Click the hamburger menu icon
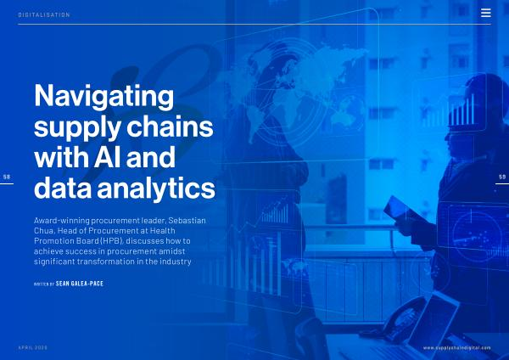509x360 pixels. click(x=485, y=13)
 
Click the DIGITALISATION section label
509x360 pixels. click(x=44, y=14)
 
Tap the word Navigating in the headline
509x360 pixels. click(x=103, y=97)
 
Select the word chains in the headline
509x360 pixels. click(x=170, y=127)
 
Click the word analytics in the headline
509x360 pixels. click(x=156, y=188)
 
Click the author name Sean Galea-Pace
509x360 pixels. click(x=80, y=284)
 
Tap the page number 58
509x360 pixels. click(x=7, y=177)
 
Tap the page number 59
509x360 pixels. click(x=502, y=177)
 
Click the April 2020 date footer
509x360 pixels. click(x=33, y=347)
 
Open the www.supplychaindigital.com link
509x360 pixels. click(x=457, y=348)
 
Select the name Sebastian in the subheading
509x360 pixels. click(x=187, y=220)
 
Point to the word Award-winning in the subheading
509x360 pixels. click(x=62, y=221)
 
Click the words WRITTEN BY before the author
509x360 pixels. click(x=44, y=284)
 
